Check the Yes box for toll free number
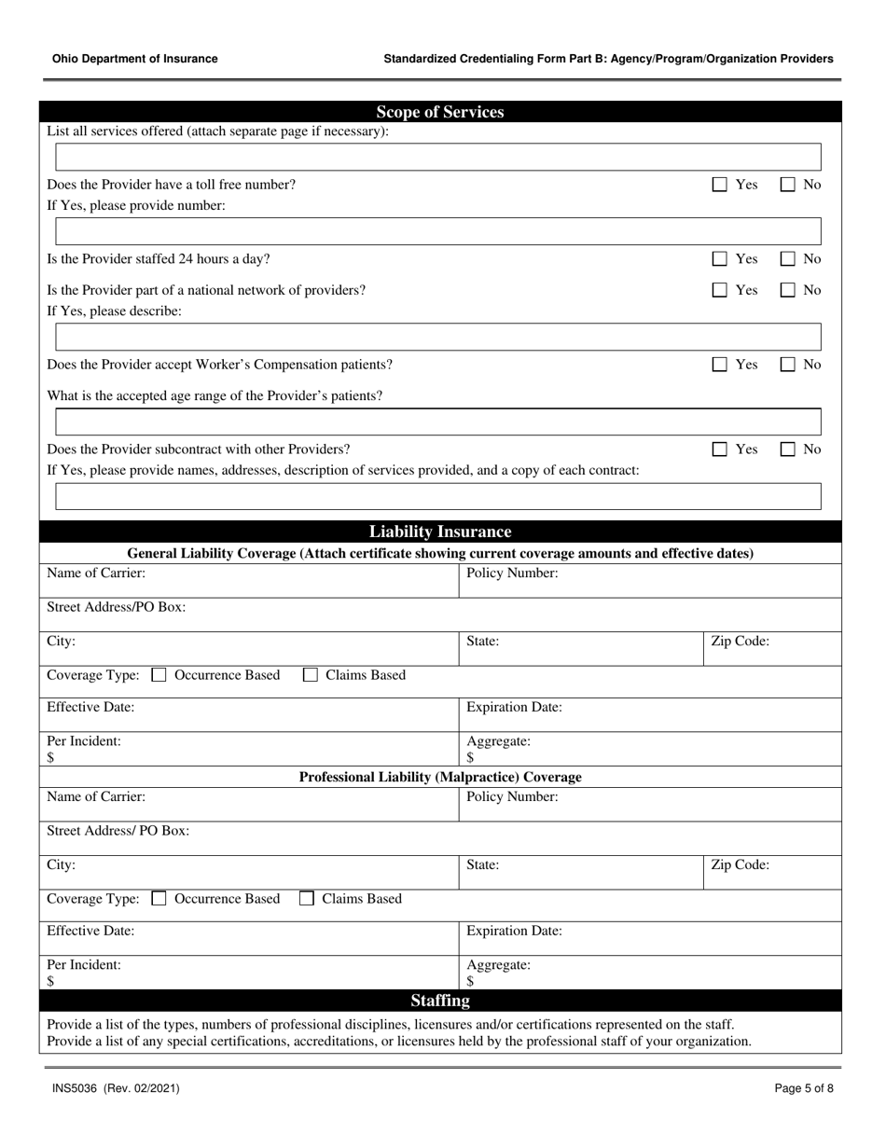click(x=720, y=185)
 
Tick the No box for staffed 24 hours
click(x=788, y=258)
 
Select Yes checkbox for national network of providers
click(x=720, y=290)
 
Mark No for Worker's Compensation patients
click(x=788, y=365)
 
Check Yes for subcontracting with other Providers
click(x=720, y=449)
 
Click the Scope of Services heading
click(x=440, y=112)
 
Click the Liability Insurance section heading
click(x=440, y=532)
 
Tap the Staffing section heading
click(x=440, y=1001)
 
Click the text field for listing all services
click(x=438, y=157)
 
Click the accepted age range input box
click(x=438, y=421)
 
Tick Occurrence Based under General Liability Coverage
click(x=159, y=675)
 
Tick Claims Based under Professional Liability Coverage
click(x=307, y=899)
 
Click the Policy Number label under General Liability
click(x=512, y=573)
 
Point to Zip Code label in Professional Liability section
click(x=740, y=864)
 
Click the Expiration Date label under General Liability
click(x=514, y=707)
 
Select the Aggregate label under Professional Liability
click(x=498, y=965)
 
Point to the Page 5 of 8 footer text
click(x=804, y=1088)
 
